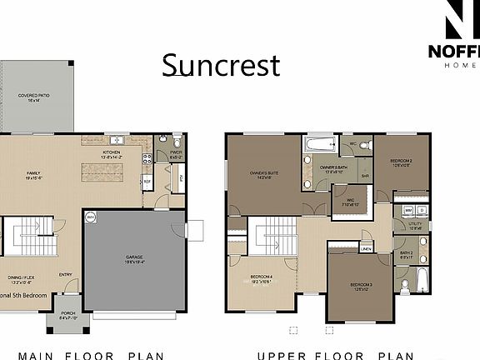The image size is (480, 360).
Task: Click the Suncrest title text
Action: [x=221, y=65]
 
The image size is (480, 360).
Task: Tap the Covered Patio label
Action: [x=35, y=97]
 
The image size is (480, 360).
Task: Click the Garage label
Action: [x=137, y=258]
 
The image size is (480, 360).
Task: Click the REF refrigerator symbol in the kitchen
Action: [x=147, y=181]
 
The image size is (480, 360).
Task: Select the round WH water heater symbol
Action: [x=90, y=217]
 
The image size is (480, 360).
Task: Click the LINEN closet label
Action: [x=366, y=248]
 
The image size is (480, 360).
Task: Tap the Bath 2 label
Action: [x=406, y=254]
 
